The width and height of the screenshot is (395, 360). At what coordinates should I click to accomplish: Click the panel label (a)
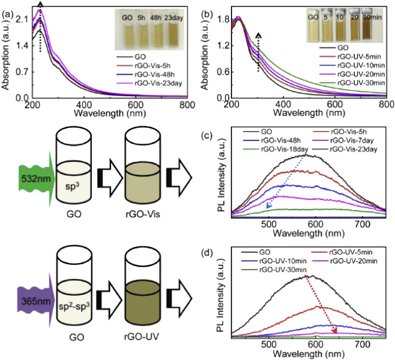click(x=7, y=6)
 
